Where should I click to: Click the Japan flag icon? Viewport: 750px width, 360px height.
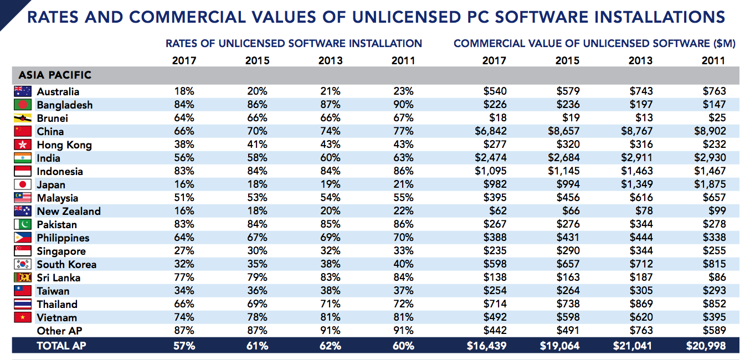tap(23, 184)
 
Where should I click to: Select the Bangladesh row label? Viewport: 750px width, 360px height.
tap(64, 105)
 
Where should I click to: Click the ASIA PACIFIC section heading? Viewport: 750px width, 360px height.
tap(55, 75)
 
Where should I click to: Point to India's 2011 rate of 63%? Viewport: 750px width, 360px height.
tap(402, 158)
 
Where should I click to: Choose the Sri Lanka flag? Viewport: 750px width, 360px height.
tap(23, 277)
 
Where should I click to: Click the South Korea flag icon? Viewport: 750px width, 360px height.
tap(23, 264)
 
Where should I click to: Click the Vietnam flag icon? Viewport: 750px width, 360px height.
tap(23, 317)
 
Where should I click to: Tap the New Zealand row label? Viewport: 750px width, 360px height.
tap(69, 211)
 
